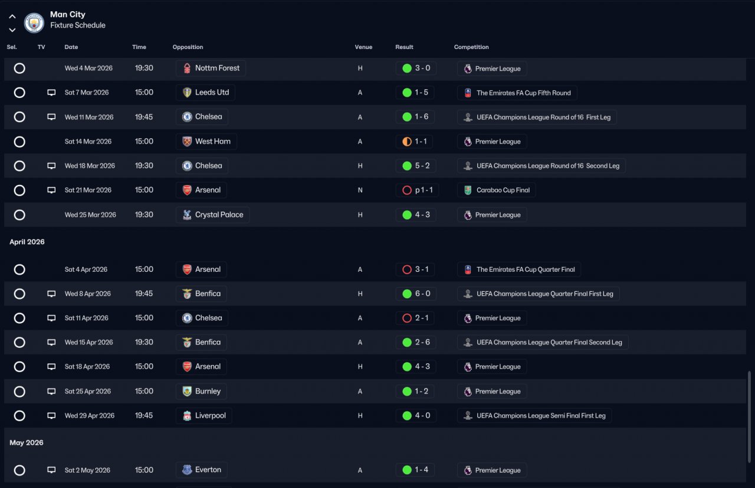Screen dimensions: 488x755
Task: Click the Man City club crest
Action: click(34, 23)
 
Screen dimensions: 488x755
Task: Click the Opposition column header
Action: click(188, 47)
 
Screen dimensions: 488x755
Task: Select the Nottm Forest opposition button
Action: click(211, 68)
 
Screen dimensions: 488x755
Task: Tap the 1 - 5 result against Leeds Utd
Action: click(416, 92)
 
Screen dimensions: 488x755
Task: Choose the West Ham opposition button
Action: click(206, 141)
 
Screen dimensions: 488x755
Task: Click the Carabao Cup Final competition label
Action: click(497, 190)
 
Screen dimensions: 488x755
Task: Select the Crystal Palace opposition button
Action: click(212, 214)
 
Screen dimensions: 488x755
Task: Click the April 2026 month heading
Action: click(27, 242)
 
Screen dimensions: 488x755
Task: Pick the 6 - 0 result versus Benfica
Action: click(416, 294)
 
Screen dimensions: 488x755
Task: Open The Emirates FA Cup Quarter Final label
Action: click(519, 269)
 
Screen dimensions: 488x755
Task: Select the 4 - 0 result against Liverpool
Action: click(416, 415)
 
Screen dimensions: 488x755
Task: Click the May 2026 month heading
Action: click(27, 443)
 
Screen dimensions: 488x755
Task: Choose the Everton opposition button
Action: click(201, 470)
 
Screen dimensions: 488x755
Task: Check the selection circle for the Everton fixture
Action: click(19, 470)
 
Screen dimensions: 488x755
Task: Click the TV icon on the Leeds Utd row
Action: click(51, 93)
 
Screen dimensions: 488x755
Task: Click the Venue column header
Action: click(363, 47)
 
